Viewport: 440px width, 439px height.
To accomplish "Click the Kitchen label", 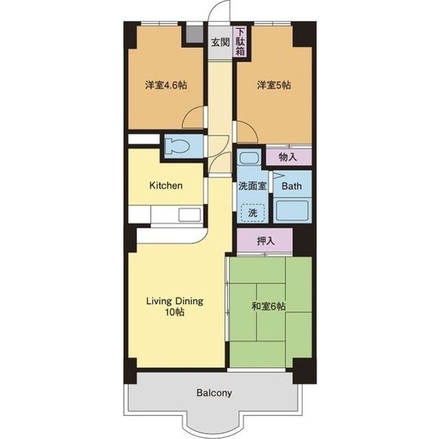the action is pyautogui.click(x=166, y=185).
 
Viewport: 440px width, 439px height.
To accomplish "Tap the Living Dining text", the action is pyautogui.click(x=175, y=301).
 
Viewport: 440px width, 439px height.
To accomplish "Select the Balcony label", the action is pyautogui.click(x=214, y=393).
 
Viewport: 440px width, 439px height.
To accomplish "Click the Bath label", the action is pyautogui.click(x=291, y=186).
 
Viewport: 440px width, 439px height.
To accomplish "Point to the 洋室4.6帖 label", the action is pyautogui.click(x=166, y=85).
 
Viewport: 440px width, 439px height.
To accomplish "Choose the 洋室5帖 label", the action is pyautogui.click(x=274, y=85).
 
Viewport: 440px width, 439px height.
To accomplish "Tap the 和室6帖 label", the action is pyautogui.click(x=269, y=306).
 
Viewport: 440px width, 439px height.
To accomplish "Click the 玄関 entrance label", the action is pyautogui.click(x=220, y=43).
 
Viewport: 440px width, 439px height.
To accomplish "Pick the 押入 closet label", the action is pyautogui.click(x=266, y=241).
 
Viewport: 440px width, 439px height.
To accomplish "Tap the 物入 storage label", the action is pyautogui.click(x=287, y=157).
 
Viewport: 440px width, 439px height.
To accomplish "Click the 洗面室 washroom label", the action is pyautogui.click(x=252, y=186).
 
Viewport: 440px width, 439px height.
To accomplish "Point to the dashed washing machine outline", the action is pyautogui.click(x=252, y=213).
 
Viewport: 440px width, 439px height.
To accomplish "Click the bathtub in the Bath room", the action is pyautogui.click(x=292, y=210).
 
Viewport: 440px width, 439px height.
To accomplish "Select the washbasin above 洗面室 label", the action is pyautogui.click(x=249, y=159).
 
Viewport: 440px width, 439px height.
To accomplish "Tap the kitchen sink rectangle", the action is pyautogui.click(x=190, y=215).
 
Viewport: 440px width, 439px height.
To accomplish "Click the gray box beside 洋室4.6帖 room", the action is pyautogui.click(x=195, y=34).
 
